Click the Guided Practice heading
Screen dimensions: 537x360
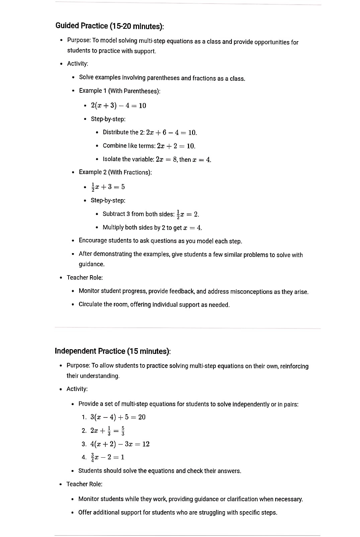pos(109,26)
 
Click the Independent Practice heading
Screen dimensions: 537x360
pos(112,351)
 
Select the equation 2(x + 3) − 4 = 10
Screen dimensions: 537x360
pos(118,105)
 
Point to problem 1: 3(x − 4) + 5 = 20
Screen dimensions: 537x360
pos(118,417)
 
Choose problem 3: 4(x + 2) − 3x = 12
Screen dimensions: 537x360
pos(120,444)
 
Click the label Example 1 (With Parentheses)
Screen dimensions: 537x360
pos(119,91)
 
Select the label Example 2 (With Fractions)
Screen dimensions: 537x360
pos(115,172)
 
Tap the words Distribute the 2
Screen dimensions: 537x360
pos(123,132)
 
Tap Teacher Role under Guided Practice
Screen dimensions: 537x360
pos(85,278)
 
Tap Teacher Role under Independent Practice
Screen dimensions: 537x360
pos(84,484)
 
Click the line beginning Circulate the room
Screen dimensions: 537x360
pos(154,305)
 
